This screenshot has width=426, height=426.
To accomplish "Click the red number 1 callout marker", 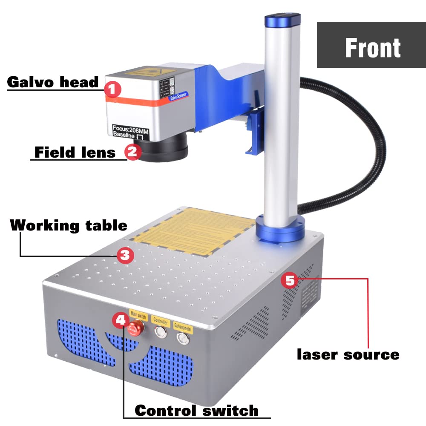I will [x=112, y=89].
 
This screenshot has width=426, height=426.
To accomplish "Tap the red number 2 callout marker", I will [x=132, y=151].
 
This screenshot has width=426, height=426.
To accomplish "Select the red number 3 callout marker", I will [x=125, y=255].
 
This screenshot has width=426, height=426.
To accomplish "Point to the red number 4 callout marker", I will [x=121, y=319].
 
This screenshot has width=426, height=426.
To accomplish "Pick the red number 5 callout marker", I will [x=290, y=281].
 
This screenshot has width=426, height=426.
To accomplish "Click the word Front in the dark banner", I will [x=372, y=48].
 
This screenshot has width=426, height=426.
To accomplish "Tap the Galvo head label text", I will [x=53, y=82].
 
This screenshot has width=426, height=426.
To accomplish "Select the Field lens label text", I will [x=75, y=152].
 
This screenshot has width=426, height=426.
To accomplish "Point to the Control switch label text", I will [x=196, y=410].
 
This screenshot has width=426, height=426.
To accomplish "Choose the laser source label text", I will [x=348, y=354].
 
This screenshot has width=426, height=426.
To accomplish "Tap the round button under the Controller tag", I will [x=161, y=332].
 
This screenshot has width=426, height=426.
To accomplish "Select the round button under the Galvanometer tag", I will [x=183, y=338].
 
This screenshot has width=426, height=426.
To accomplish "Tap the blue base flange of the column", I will [x=280, y=230].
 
